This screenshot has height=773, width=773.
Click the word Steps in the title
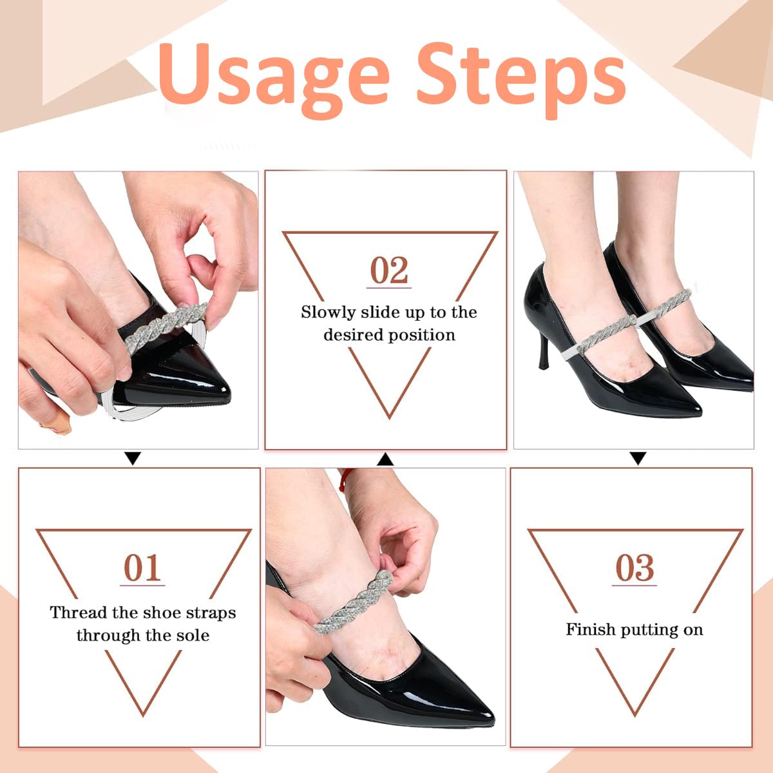point(522,76)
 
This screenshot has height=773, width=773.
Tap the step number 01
point(142,568)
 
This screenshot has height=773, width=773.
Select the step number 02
point(389,271)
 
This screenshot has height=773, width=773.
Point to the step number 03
point(635,568)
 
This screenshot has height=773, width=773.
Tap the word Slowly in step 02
point(328,313)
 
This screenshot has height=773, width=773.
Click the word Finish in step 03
point(590,629)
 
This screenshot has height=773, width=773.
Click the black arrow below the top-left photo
point(133,459)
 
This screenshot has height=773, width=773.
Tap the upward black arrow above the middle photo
point(385,459)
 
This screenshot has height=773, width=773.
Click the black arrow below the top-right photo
point(638,459)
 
